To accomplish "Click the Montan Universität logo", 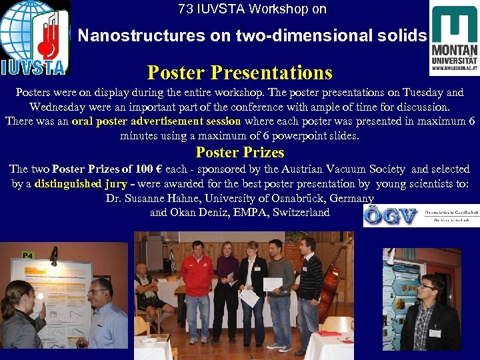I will (x=453, y=40).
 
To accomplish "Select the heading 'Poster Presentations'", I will (x=239, y=71).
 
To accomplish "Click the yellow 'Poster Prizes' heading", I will (x=239, y=153).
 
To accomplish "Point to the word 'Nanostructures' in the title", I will (x=121, y=36).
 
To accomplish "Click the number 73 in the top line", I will (x=185, y=9).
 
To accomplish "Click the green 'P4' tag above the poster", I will (x=28, y=255).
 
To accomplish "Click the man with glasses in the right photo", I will (x=429, y=313).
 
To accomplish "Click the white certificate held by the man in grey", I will (x=272, y=284).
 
